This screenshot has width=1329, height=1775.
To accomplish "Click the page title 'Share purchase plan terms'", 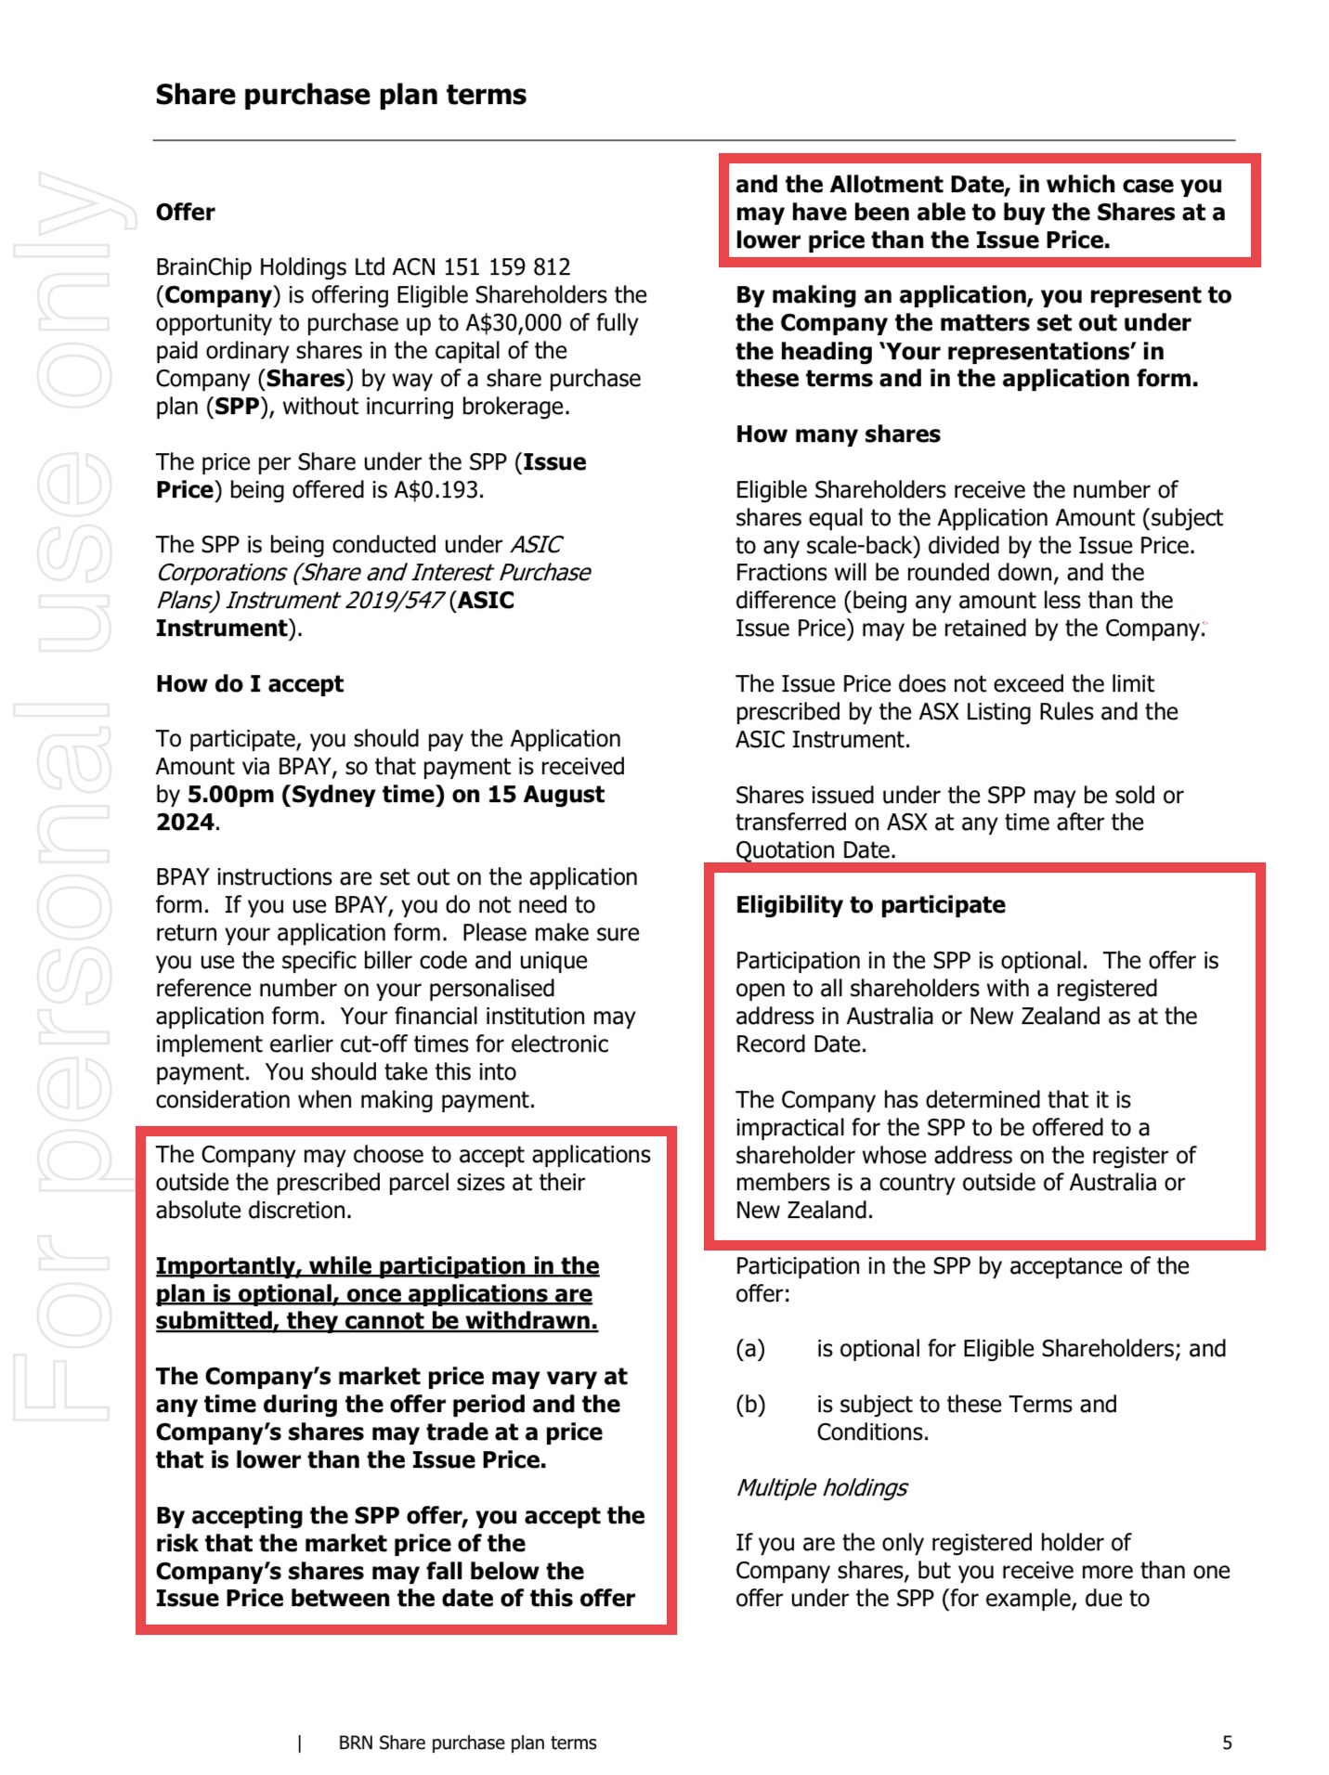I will (340, 95).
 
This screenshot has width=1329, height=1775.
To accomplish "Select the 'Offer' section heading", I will (185, 213).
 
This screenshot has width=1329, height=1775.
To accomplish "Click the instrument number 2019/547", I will (394, 601).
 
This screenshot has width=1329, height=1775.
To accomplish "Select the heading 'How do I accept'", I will (249, 684).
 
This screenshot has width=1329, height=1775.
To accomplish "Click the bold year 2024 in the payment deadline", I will (185, 823).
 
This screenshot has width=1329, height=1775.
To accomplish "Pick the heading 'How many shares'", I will (838, 434).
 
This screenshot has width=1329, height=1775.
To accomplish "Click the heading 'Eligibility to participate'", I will (870, 905).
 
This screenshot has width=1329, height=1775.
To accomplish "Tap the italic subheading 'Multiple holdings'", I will (821, 1487).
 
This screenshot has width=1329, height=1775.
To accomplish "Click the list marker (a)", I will (750, 1349).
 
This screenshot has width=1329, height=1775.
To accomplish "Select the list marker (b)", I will (750, 1405).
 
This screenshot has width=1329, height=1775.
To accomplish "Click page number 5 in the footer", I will (1227, 1743).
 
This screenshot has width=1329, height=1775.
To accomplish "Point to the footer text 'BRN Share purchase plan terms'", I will (467, 1743).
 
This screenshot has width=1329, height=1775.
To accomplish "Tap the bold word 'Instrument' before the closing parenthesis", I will (221, 628).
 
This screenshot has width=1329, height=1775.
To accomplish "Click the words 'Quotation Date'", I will (814, 850).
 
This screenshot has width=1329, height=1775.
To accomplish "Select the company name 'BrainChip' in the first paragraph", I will (203, 267).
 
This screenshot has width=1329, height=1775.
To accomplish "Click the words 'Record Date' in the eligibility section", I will (799, 1044).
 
